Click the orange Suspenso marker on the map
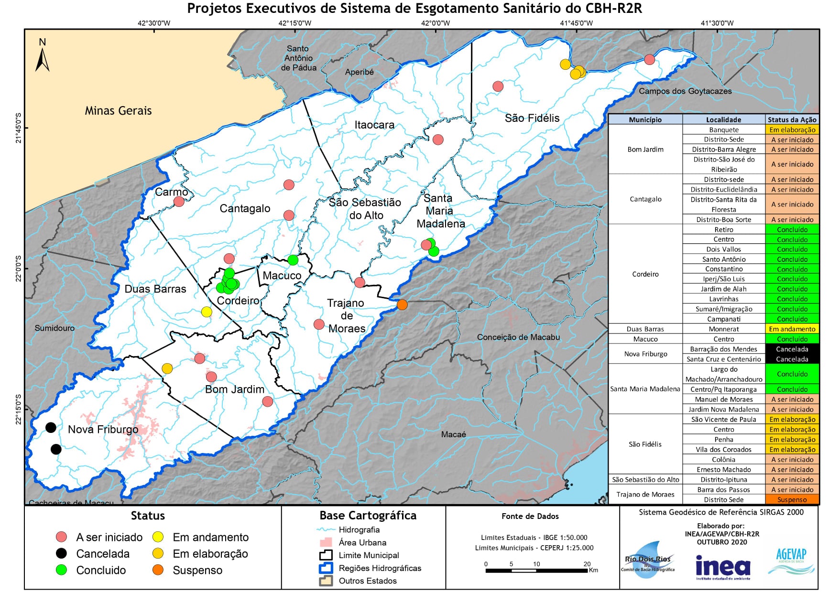pos(402,304)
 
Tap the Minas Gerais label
pos(118,111)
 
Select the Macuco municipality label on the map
pos(282,276)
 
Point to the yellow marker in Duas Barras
pos(207,312)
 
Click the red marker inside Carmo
pos(179,202)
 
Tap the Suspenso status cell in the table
pos(792,500)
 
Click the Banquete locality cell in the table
pos(723,130)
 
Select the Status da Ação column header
pos(792,120)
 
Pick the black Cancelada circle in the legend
pos(61,553)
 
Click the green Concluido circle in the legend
pos(61,570)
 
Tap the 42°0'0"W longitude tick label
pos(435,23)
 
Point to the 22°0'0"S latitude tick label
pos(19,269)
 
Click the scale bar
pos(536,570)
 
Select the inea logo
pos(723,568)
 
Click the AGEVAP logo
pos(791,561)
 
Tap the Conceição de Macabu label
pos(518,337)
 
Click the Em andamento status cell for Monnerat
pos(792,329)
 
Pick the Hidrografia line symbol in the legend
pos(327,530)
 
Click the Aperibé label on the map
pos(359,72)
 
